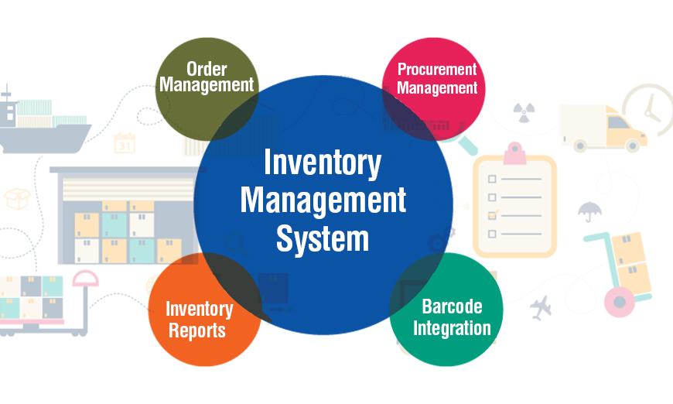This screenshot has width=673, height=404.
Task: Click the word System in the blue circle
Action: click(323, 239)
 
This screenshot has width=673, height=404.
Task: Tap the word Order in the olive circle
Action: click(207, 69)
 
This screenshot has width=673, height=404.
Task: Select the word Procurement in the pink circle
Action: click(437, 69)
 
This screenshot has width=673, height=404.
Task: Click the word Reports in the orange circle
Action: click(197, 330)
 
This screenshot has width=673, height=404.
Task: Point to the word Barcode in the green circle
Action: click(452, 306)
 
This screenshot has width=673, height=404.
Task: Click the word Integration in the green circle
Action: click(452, 328)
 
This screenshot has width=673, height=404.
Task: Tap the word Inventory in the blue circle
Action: click(323, 163)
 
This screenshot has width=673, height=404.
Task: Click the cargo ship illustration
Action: click(44, 122)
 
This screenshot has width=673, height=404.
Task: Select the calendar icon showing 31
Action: click(125, 143)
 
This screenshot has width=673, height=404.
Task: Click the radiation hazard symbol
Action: click(524, 112)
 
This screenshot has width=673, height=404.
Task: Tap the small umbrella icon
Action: click(589, 211)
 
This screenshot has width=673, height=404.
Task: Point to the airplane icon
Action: click(541, 307)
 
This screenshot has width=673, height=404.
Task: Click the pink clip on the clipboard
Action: click(514, 154)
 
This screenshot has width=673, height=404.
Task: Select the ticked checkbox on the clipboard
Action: click(492, 215)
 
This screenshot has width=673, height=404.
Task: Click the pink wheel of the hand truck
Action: click(619, 303)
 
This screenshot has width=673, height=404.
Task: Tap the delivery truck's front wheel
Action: click(632, 146)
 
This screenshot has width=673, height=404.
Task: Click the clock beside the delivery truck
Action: click(649, 108)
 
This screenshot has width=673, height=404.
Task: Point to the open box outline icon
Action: click(17, 199)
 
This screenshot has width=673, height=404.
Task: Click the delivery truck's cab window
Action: click(617, 122)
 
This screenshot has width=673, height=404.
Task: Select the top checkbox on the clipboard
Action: click(492, 179)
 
